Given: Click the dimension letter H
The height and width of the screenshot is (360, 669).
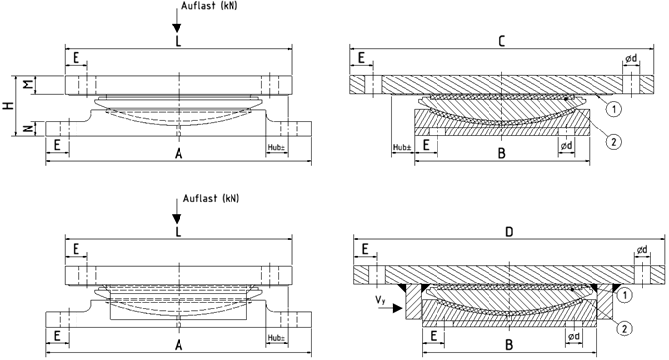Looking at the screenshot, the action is (x=8, y=105).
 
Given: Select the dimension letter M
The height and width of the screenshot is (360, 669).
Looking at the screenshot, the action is (x=27, y=85).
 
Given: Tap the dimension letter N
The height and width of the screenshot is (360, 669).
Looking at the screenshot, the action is (x=27, y=128).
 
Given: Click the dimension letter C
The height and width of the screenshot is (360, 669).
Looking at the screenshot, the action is (x=502, y=41).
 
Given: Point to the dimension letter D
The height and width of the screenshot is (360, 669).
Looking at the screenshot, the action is (x=509, y=232).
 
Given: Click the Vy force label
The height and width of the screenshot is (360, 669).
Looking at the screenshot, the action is (x=381, y=300).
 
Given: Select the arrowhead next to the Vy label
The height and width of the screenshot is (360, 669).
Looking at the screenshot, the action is (x=397, y=308).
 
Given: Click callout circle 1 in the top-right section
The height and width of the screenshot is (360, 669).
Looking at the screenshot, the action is (x=614, y=109).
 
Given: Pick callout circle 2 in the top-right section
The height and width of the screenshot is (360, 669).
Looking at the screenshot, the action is (x=614, y=142).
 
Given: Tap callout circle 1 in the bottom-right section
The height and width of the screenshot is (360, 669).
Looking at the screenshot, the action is (x=624, y=294).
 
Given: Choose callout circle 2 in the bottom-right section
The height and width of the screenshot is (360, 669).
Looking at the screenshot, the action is (x=624, y=328).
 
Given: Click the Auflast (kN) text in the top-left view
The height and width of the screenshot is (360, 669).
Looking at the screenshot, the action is (x=210, y=6).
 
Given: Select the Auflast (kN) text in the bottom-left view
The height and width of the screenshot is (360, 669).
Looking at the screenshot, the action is (x=212, y=199).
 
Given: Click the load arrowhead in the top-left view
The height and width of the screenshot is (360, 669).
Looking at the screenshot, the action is (x=177, y=28).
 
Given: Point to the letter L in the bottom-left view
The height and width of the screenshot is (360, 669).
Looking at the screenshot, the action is (x=179, y=231).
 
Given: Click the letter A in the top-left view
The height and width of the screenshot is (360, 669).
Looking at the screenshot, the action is (x=179, y=154).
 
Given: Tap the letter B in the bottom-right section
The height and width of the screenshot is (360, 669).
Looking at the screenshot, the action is (x=508, y=344).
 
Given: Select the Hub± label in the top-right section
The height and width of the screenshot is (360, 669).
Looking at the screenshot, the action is (x=402, y=147).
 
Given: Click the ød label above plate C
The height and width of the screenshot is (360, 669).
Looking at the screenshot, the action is (x=631, y=59).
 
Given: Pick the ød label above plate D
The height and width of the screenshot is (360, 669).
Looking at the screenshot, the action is (x=643, y=250).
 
